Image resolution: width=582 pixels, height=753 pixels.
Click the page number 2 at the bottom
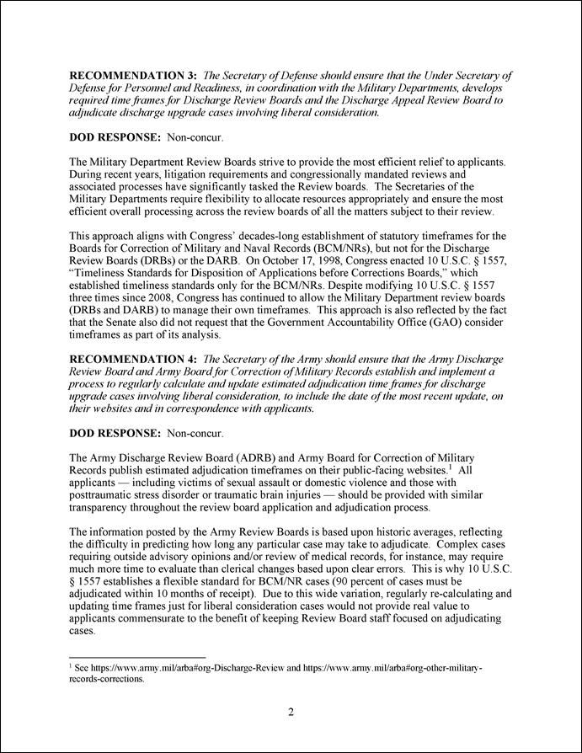[x=291, y=713]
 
